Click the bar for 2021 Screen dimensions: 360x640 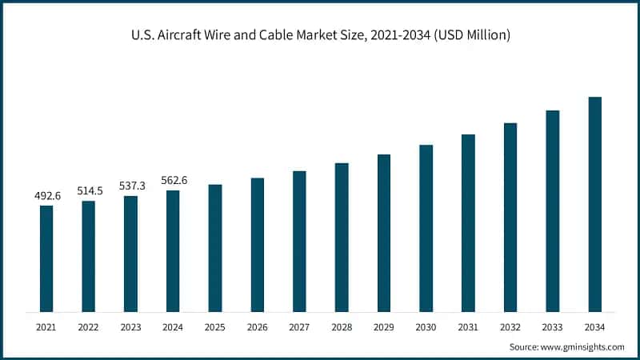(x=46, y=258)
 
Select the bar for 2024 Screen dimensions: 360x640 (x=173, y=251)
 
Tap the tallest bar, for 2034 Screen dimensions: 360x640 (x=595, y=204)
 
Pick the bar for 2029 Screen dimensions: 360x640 (x=384, y=233)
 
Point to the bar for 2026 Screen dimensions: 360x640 (x=258, y=245)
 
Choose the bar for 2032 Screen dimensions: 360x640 (x=510, y=217)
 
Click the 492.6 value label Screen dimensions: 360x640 (x=46, y=195)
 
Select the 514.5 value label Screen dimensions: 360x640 (x=89, y=190)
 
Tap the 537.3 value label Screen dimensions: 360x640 (x=130, y=186)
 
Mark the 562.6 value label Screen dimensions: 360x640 (x=173, y=180)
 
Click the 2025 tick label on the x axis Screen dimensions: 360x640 (x=215, y=326)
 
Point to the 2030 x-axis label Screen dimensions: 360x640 (x=426, y=326)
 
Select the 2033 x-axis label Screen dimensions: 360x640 (x=553, y=326)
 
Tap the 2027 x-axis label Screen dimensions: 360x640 (x=299, y=326)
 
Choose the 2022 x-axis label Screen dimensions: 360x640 (x=89, y=326)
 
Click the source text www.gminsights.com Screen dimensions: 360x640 (x=582, y=347)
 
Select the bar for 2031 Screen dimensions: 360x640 (x=468, y=223)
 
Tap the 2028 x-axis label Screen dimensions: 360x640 (x=342, y=326)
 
